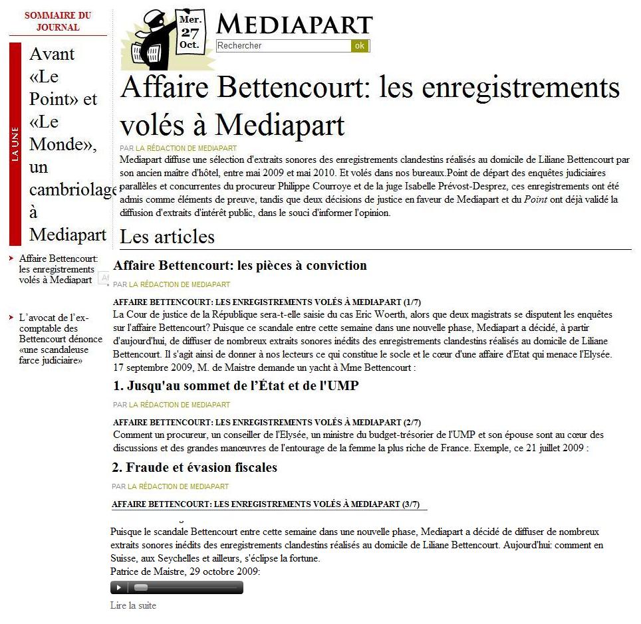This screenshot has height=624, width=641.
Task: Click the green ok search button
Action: [x=360, y=46]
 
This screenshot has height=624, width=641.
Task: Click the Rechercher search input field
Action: [x=283, y=46]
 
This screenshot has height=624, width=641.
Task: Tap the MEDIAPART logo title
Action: [x=294, y=25]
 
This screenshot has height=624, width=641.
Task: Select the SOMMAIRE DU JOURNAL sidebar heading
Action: [x=58, y=22]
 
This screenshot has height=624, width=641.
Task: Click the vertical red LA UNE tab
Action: [x=15, y=144]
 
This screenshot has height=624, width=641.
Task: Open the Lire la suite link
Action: [x=133, y=605]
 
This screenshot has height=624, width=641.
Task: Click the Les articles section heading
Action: [x=167, y=237]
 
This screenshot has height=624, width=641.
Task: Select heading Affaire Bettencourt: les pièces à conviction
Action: [x=240, y=266]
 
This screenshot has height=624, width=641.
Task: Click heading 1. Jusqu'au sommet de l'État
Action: [x=235, y=385]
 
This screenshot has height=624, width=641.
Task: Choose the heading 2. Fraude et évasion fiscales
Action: [x=195, y=468]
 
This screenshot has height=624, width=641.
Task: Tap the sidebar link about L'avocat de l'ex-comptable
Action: [x=61, y=339]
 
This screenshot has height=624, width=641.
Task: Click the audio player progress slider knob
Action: [x=140, y=587]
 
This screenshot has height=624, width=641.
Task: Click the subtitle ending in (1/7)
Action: [x=267, y=302]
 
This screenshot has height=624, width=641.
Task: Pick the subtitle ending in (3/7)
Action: [x=265, y=504]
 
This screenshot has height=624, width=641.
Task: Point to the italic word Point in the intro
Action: [x=535, y=200]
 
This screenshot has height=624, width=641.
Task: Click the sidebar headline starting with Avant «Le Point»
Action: [x=66, y=144]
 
